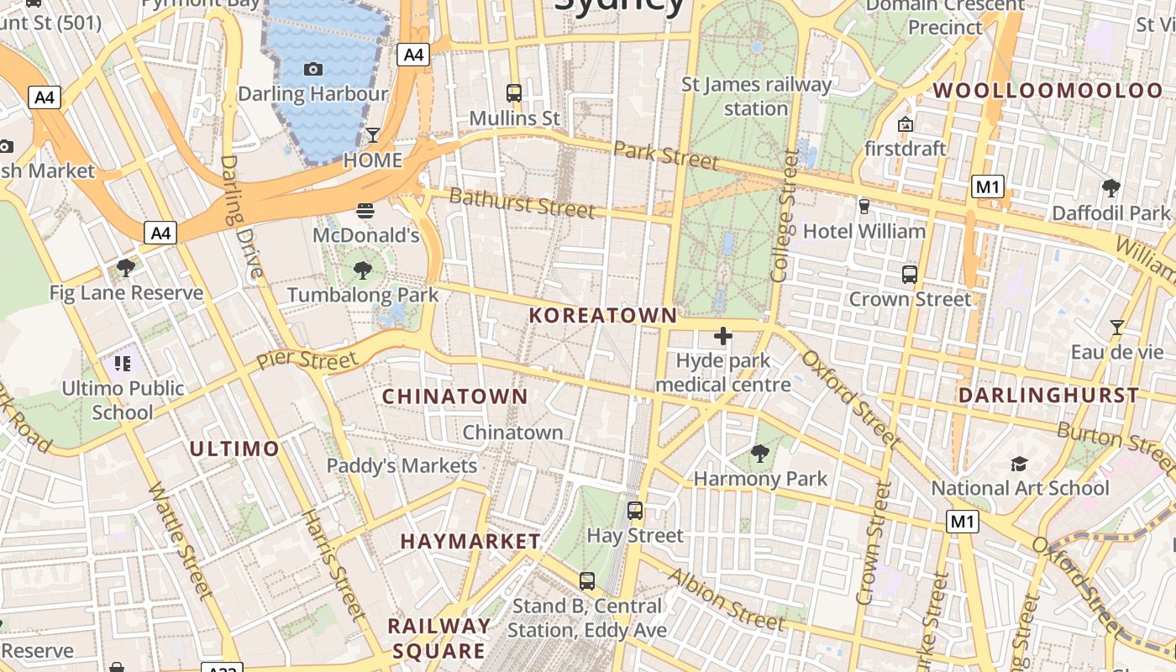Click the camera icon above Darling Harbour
point(313,69)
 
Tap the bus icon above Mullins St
point(514,93)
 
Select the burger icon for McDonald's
point(365,210)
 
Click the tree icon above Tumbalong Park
point(363,270)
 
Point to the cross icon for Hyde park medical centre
point(722,337)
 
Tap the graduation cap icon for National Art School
point(1019,464)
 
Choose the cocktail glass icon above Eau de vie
point(1116,327)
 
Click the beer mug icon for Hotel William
point(864,206)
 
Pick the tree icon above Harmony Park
point(760,454)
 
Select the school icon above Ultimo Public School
point(123,364)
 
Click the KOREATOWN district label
point(602,316)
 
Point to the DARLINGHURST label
point(1048,395)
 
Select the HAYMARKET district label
point(470,542)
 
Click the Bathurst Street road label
point(522,203)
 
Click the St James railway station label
point(756,96)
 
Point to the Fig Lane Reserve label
point(126,293)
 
